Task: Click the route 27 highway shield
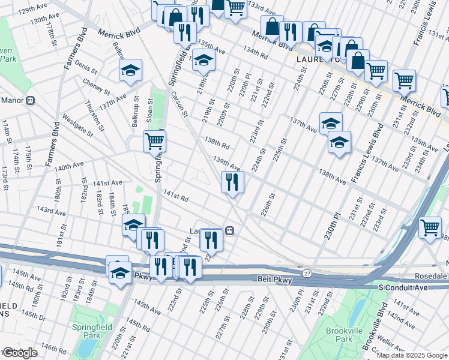(307, 273)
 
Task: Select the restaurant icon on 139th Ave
(232, 181)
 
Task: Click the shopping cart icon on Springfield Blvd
(154, 142)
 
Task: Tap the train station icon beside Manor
(30, 100)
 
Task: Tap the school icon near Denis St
(130, 70)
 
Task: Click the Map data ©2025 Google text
(412, 355)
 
